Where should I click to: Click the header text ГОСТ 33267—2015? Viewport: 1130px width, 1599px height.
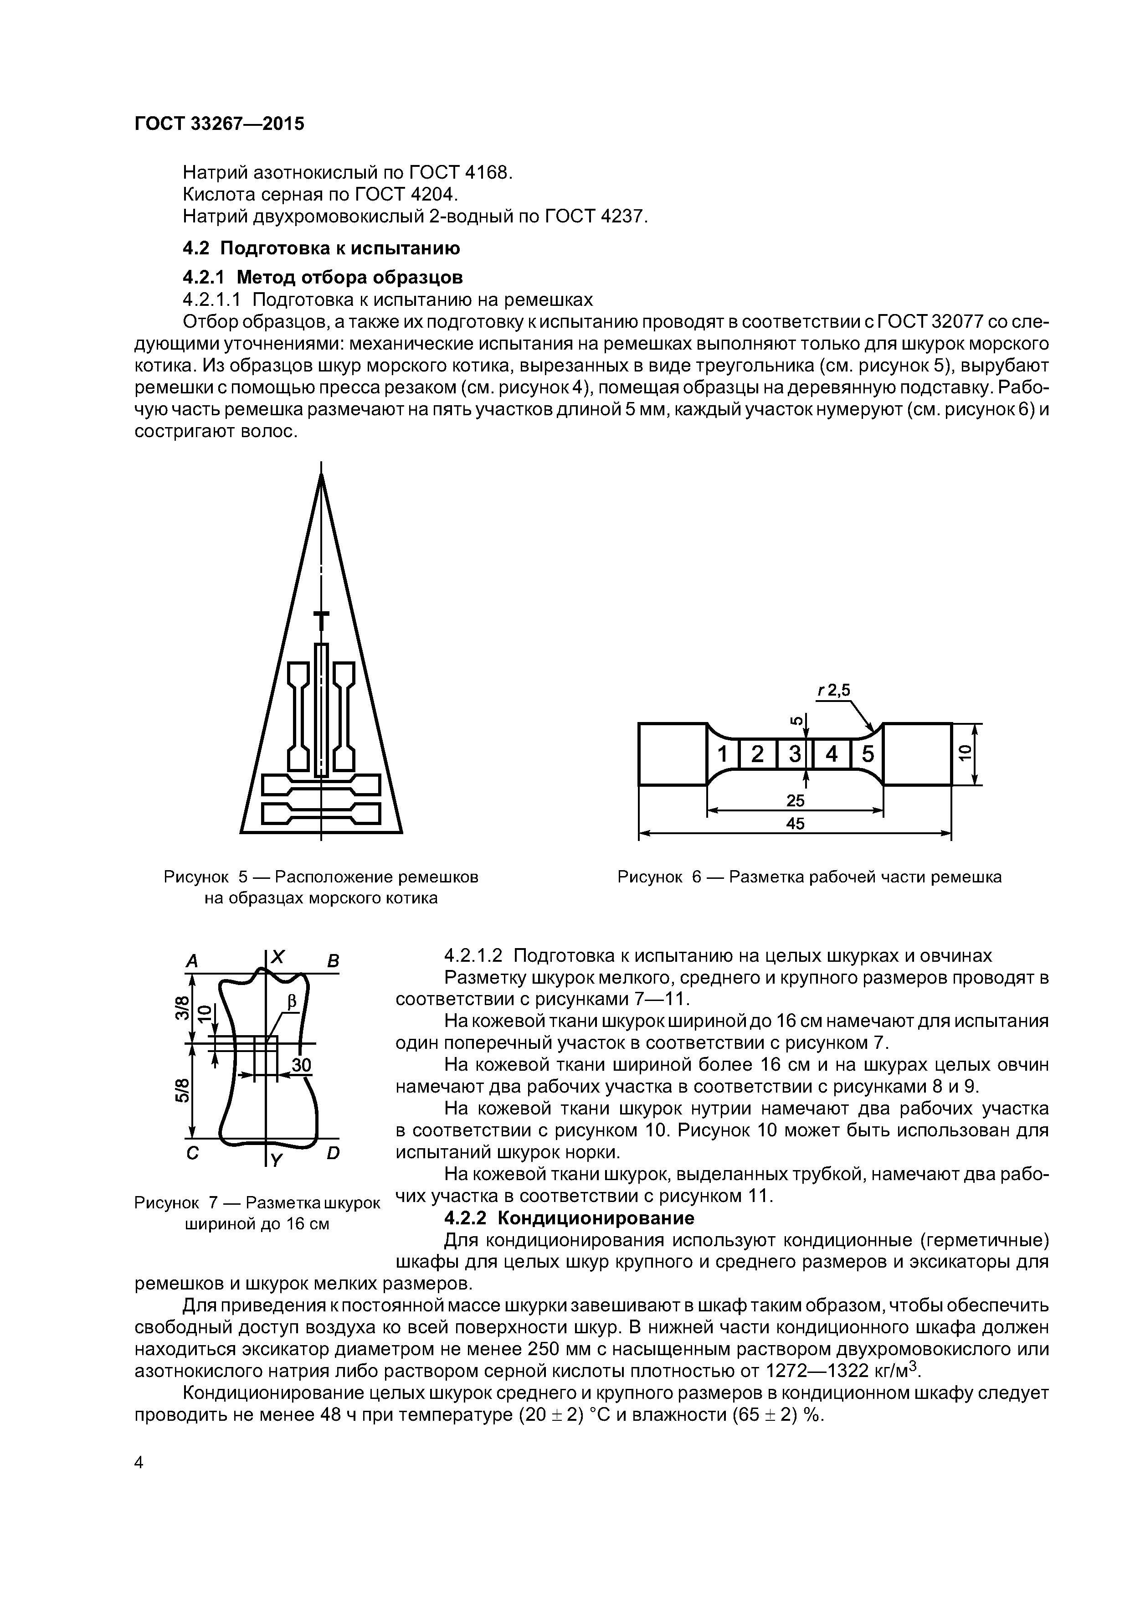click(219, 124)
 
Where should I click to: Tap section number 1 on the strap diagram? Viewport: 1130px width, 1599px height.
click(723, 754)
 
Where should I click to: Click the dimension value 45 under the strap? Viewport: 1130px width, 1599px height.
click(795, 824)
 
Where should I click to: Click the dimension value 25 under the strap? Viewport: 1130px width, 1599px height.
click(795, 801)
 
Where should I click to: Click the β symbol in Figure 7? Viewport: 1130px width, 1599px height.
click(292, 1001)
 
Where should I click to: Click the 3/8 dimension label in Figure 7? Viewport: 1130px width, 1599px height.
click(182, 1007)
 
